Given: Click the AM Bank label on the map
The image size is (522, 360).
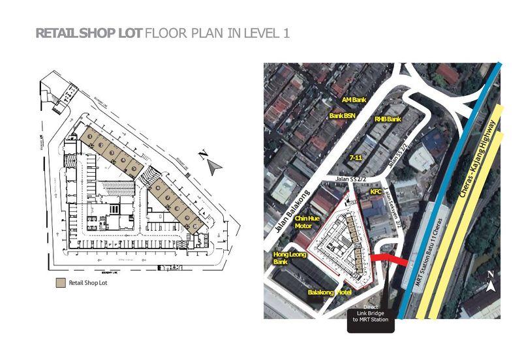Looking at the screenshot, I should point(356,100).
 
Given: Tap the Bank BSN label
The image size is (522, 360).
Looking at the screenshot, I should point(343,115).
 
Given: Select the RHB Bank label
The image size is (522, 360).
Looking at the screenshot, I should point(388,119).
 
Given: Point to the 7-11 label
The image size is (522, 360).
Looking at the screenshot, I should point(356,158).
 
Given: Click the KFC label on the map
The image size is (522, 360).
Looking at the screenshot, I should point(376,192).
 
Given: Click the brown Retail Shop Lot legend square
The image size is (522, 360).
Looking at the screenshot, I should point(59,283).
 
